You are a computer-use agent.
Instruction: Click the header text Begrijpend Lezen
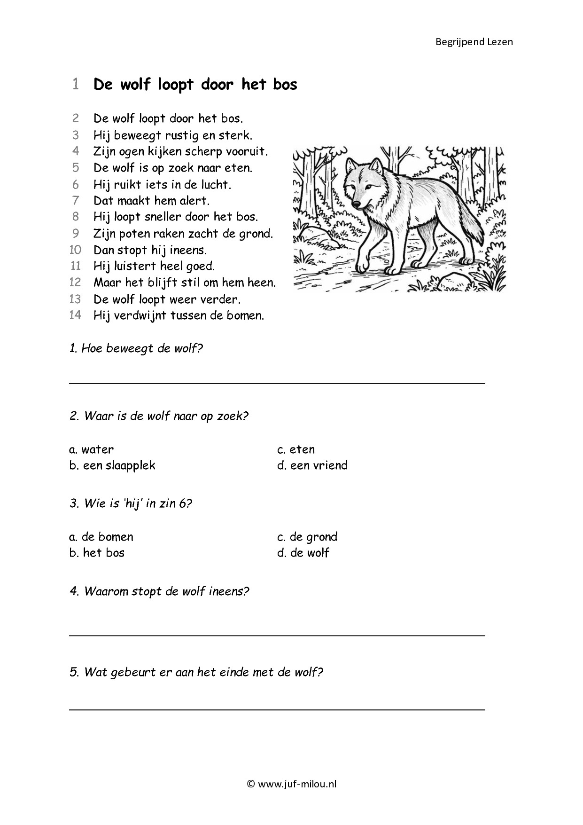[x=474, y=42]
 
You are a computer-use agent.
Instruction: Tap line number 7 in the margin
[x=75, y=201]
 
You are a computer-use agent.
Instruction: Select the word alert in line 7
[x=194, y=201]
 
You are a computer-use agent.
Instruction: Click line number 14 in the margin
[x=75, y=315]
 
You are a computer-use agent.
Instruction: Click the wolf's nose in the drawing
[x=357, y=204]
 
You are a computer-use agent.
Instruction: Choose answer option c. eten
[x=296, y=449]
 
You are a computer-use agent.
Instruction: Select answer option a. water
[x=92, y=449]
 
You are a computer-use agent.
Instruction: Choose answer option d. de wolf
[x=303, y=553]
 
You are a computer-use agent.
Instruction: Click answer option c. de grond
[x=307, y=537]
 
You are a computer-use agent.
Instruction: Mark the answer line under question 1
[x=277, y=383]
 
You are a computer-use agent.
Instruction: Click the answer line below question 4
[x=277, y=635]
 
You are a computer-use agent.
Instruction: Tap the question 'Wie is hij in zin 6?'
[x=131, y=503]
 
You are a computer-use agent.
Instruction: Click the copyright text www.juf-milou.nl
[x=292, y=784]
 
